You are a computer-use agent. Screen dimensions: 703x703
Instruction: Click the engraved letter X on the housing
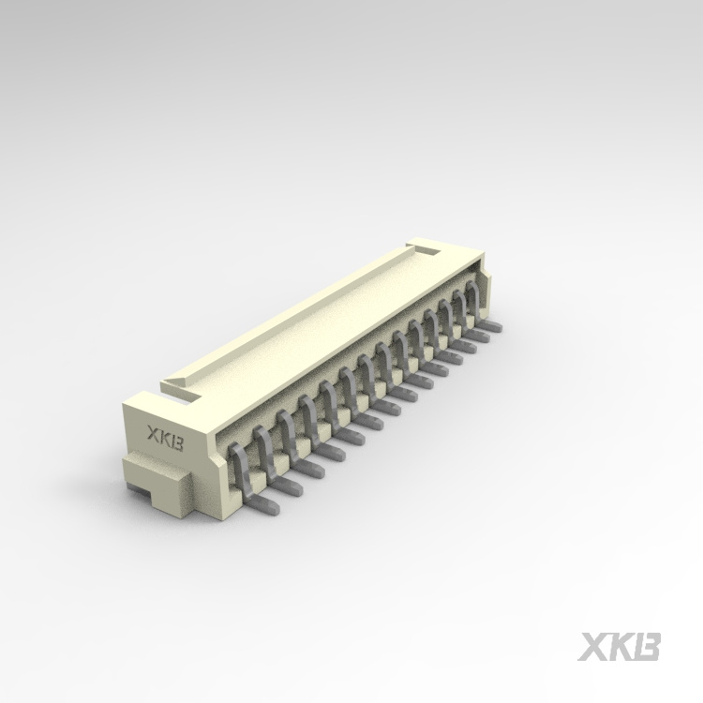point(152,433)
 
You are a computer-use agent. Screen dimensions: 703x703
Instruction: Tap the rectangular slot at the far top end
point(427,249)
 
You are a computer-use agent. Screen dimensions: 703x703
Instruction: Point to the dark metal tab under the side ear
point(138,490)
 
